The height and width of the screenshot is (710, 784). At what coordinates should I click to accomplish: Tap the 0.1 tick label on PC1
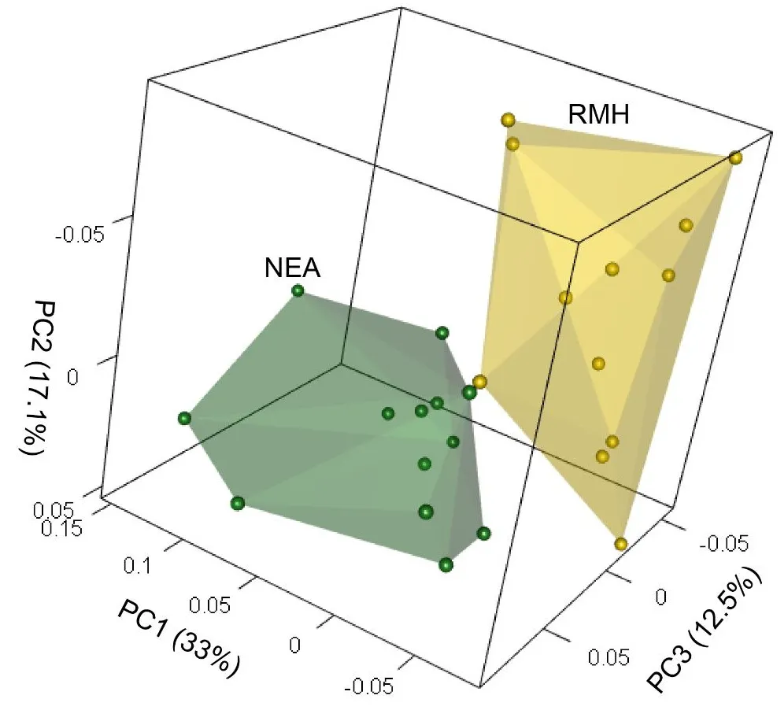click(140, 564)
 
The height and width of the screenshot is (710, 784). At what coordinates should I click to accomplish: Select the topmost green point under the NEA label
click(298, 291)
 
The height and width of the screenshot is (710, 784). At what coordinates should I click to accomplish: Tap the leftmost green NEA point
click(185, 419)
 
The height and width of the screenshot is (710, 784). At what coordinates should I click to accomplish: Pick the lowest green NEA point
click(446, 564)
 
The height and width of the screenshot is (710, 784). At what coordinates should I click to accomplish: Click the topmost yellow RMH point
click(508, 120)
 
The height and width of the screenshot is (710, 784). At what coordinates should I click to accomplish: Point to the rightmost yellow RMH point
click(735, 158)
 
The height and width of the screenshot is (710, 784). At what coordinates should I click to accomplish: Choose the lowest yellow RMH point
click(621, 544)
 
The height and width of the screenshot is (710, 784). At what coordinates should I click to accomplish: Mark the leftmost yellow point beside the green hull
click(479, 383)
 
